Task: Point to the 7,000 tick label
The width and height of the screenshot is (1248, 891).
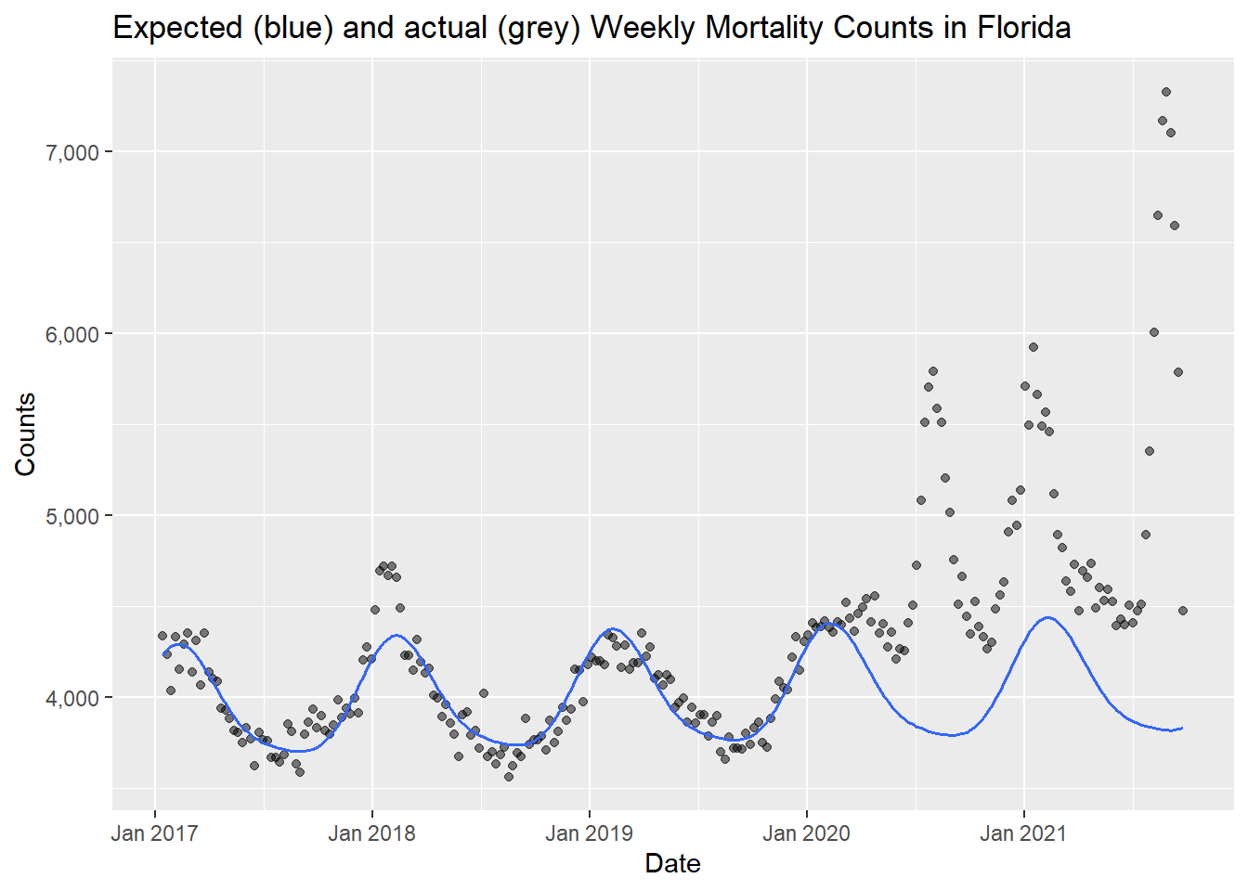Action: click(71, 152)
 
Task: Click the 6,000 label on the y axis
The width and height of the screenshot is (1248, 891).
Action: click(71, 334)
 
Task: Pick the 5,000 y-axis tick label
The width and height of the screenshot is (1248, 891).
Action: click(71, 516)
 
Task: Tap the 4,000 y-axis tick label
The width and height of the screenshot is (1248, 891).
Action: click(71, 698)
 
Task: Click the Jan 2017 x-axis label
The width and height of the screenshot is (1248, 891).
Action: click(154, 833)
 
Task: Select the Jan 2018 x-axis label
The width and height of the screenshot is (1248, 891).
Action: click(371, 833)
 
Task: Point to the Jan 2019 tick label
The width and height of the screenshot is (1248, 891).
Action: click(589, 833)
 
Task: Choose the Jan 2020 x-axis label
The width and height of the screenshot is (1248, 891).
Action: click(806, 833)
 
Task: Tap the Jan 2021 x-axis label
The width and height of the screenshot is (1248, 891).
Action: click(1023, 833)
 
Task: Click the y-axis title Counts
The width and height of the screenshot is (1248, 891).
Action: click(26, 433)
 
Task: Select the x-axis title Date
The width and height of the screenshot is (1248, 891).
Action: click(672, 864)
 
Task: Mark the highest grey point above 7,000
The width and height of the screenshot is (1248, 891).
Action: click(1166, 92)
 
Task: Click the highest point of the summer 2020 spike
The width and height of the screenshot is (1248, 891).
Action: click(933, 371)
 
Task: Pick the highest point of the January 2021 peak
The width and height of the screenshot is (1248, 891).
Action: click(1033, 347)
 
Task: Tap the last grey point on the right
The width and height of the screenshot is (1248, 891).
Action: click(1183, 611)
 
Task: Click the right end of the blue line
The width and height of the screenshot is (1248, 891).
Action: click(1182, 728)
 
